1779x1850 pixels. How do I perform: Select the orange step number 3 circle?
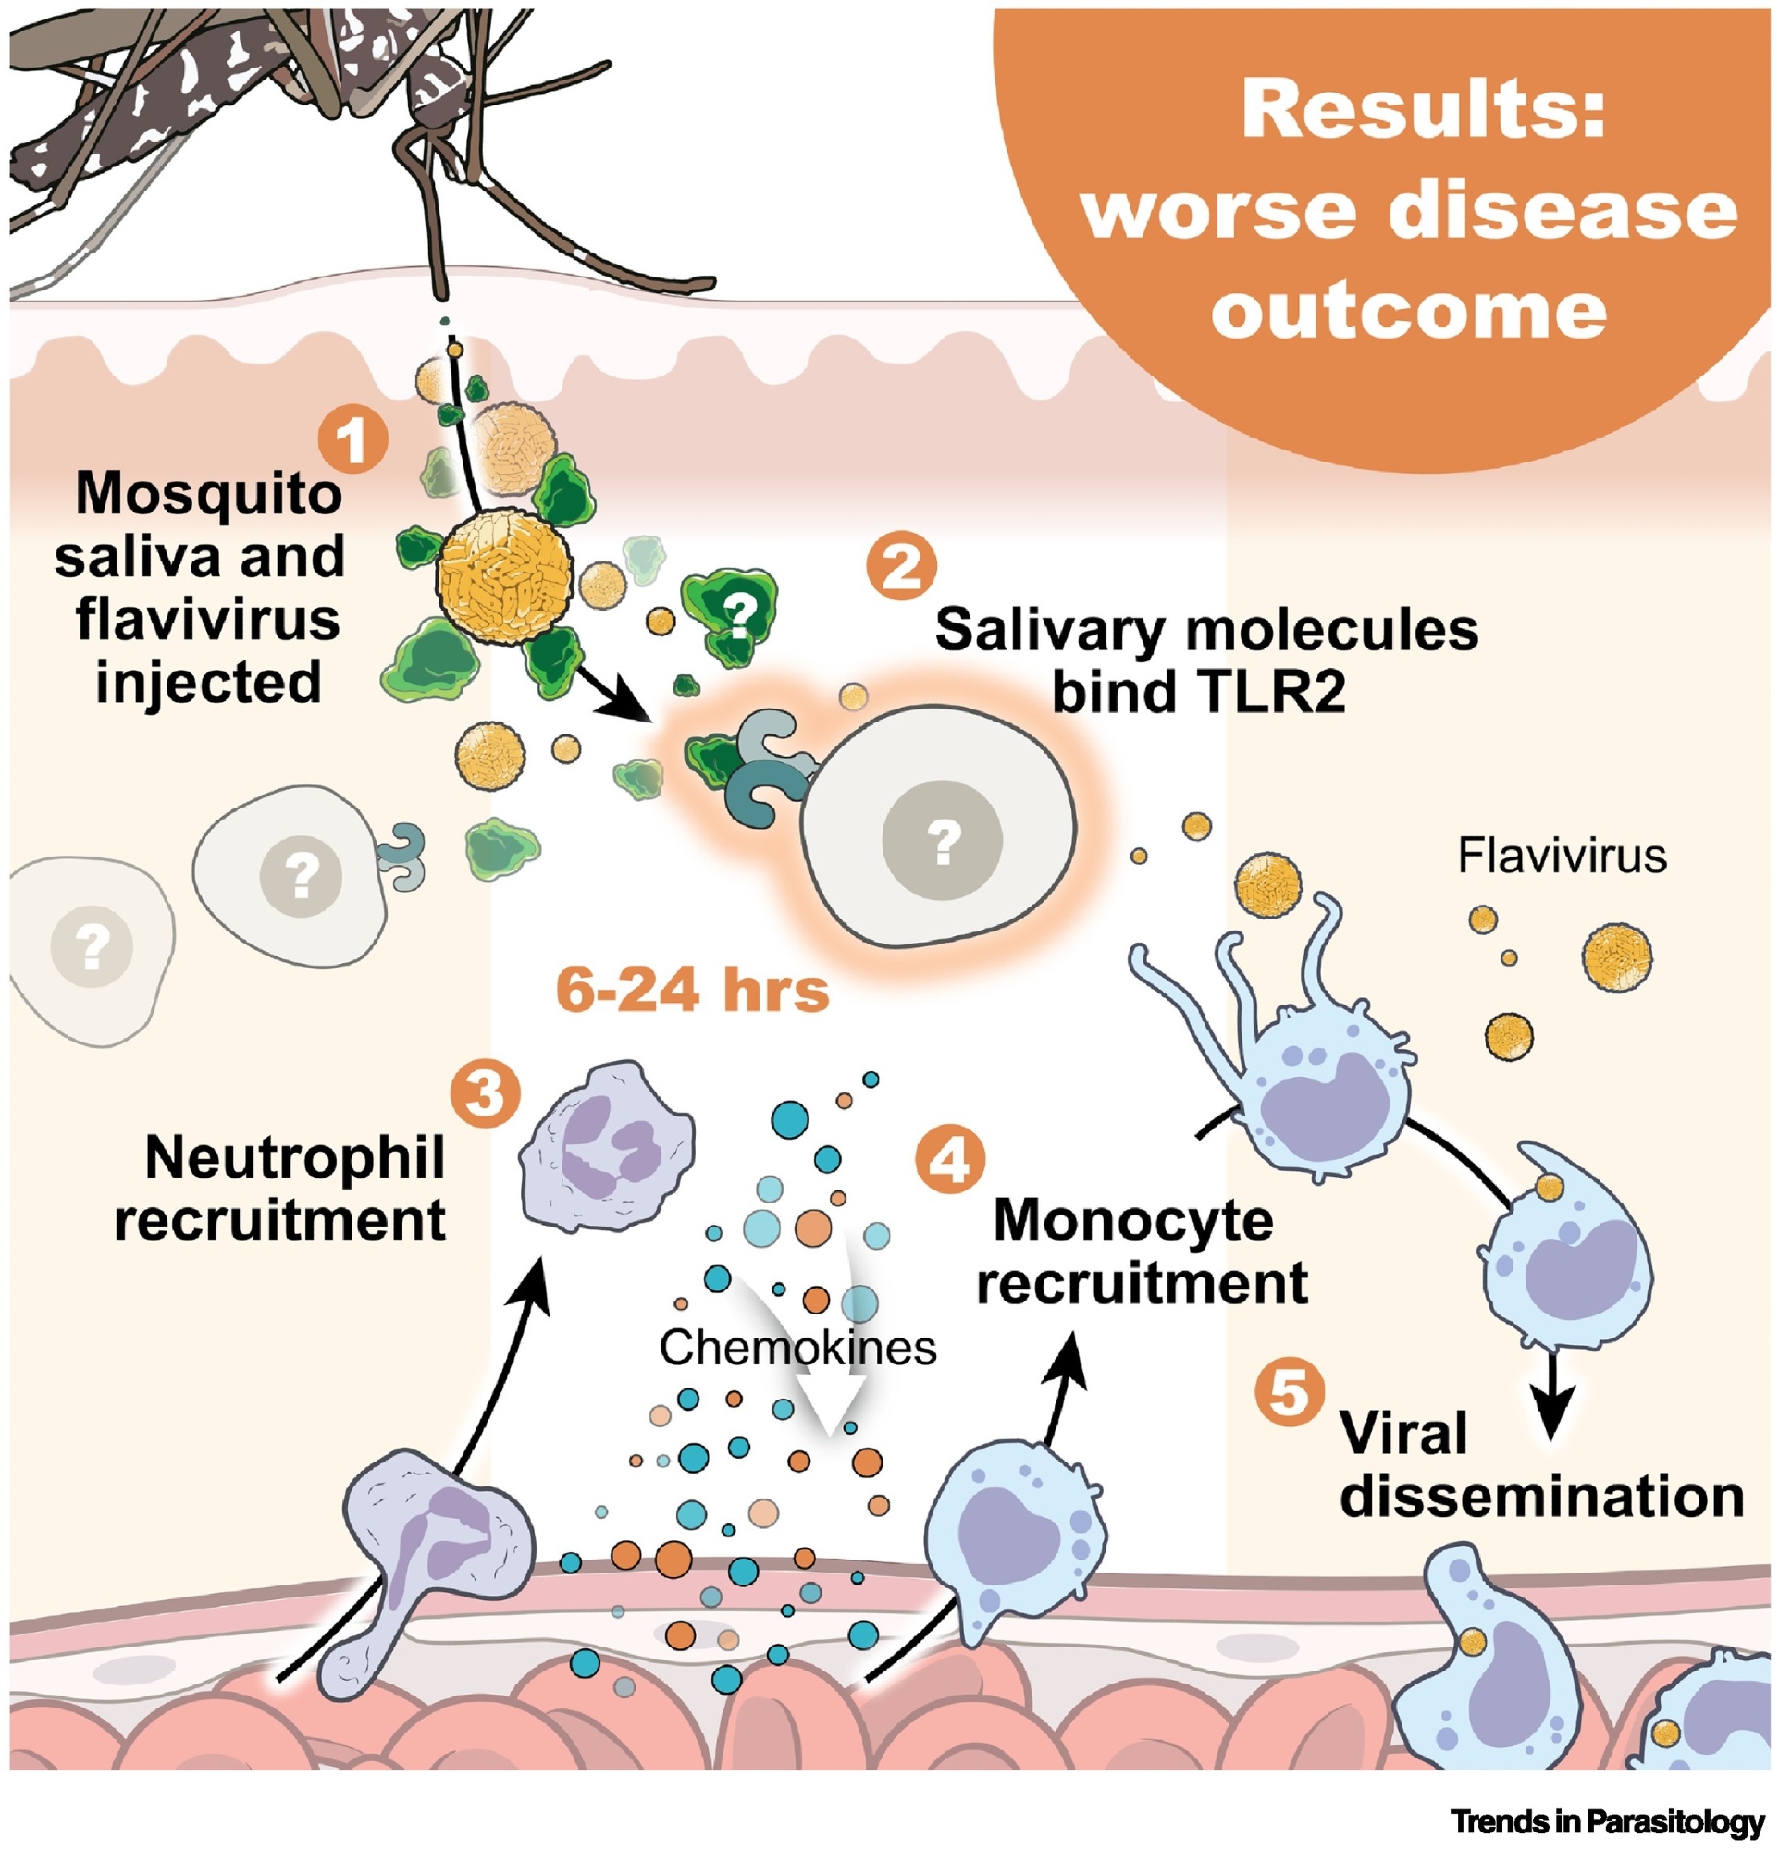485,1094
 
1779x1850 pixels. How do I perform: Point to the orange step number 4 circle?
950,1159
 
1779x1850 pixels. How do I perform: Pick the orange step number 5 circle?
1290,1390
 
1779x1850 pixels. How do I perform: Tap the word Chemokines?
797,1348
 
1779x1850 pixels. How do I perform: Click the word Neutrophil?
294,1158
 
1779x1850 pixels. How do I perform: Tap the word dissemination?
1541,1497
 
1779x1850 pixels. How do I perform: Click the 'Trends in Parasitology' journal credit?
1607,1820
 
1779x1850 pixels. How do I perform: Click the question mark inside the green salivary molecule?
740,615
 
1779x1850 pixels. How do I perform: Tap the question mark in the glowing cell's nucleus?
942,841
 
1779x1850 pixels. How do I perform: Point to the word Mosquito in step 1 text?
208,495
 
